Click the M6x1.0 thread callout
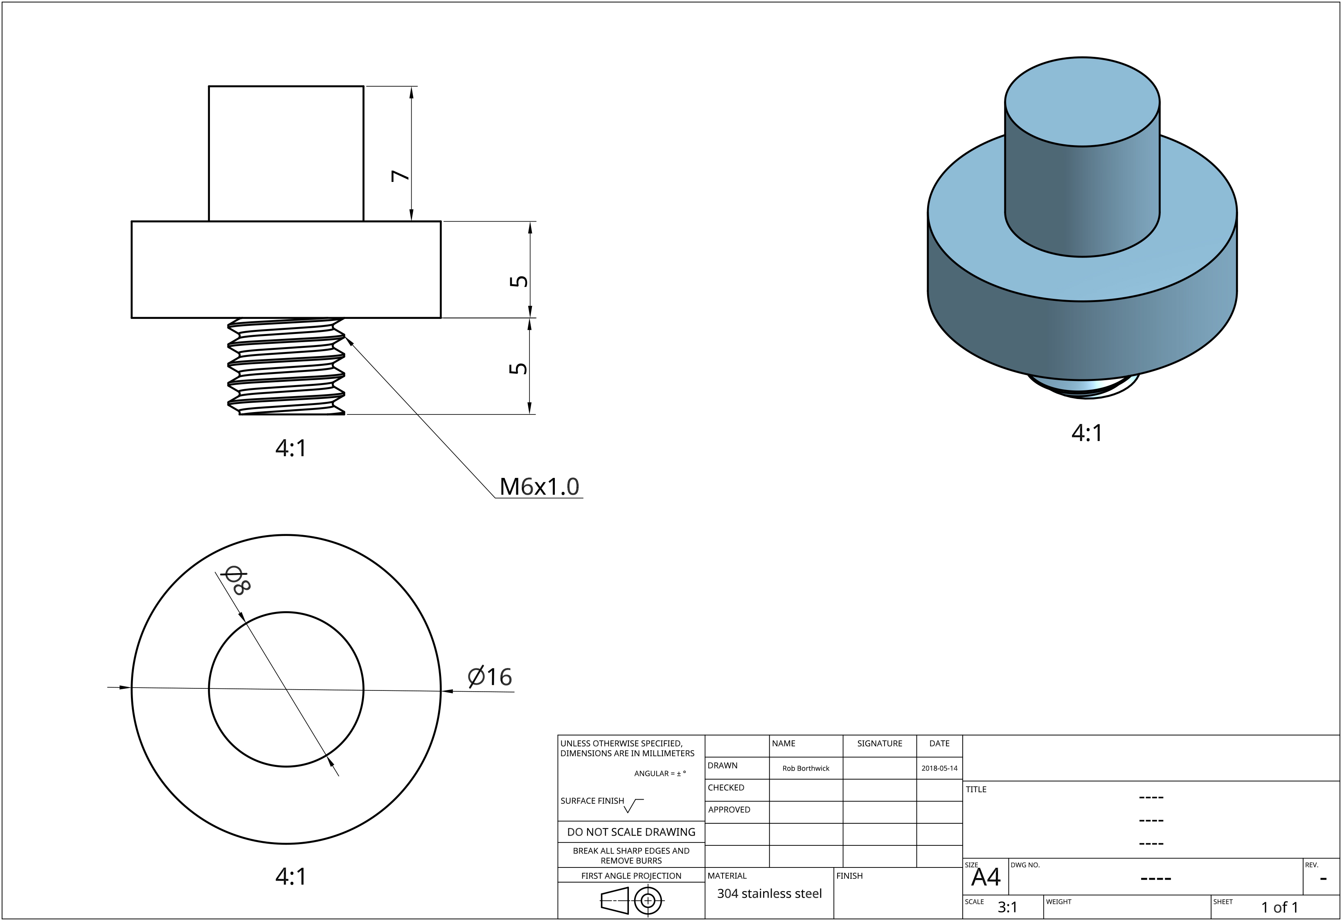pos(539,487)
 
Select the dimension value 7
pos(400,175)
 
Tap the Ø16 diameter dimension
pos(490,677)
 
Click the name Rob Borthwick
pos(806,768)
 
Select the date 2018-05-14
pos(939,768)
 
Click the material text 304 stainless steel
pos(769,893)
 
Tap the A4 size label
pos(986,878)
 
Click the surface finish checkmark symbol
pos(633,805)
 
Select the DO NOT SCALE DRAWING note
pos(631,831)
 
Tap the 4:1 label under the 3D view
pos(1087,433)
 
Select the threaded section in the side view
pos(286,366)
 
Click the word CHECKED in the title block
pos(726,788)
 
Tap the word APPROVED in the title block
pos(729,810)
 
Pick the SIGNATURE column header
pos(880,743)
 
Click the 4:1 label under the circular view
pos(290,876)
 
